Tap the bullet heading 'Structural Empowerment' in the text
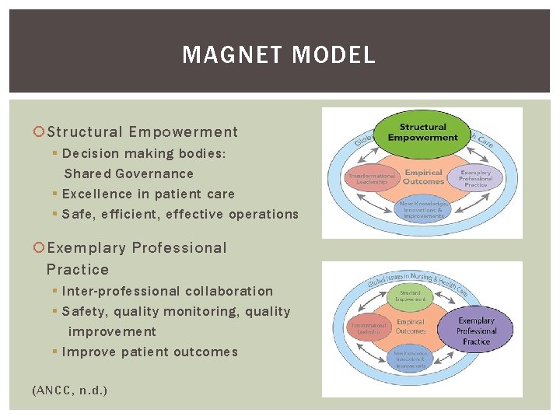(x=142, y=132)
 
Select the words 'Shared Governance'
(x=128, y=173)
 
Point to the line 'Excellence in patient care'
(x=148, y=194)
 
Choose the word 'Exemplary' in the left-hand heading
(x=86, y=248)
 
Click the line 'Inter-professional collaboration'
(x=167, y=291)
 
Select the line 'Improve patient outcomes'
(x=149, y=352)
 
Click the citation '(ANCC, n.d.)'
(x=69, y=390)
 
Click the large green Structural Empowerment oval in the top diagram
(x=422, y=132)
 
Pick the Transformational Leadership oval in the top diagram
(x=372, y=177)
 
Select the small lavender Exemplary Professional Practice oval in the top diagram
(x=475, y=178)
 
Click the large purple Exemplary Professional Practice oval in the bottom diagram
(x=476, y=331)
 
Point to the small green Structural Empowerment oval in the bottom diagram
(x=411, y=296)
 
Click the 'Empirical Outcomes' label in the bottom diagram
(x=411, y=326)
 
